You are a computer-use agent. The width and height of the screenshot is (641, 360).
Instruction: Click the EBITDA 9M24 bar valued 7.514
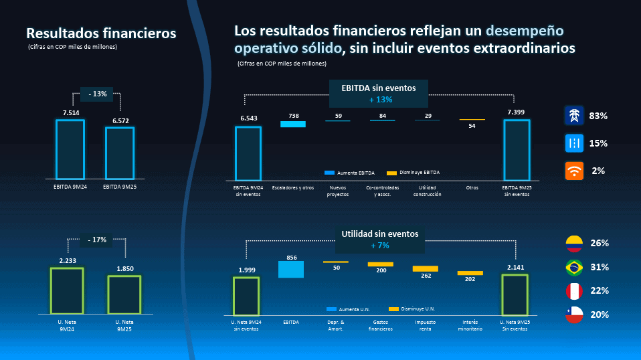(70, 149)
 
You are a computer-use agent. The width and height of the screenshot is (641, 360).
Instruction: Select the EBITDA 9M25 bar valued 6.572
(120, 153)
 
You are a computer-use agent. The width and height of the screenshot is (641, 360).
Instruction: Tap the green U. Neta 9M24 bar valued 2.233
(67, 290)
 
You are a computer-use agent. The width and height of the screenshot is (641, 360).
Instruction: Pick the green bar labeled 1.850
(124, 294)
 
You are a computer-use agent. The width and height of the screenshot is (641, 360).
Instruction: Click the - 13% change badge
(97, 94)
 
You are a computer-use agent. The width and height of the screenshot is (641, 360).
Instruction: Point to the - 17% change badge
(96, 240)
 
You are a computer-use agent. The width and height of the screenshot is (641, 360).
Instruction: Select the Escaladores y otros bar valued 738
(293, 124)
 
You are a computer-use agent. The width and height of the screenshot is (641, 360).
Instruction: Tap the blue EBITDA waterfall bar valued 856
(291, 269)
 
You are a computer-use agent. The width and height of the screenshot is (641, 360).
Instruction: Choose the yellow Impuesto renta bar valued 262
(425, 268)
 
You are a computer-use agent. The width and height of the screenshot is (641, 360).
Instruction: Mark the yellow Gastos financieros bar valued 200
(381, 264)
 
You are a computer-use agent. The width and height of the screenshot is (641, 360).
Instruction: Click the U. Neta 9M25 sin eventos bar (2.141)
(515, 294)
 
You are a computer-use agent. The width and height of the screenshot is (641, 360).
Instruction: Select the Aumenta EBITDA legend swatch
(329, 173)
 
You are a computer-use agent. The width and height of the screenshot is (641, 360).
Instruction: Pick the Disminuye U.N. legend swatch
(393, 309)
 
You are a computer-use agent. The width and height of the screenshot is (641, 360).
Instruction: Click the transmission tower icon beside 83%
(574, 116)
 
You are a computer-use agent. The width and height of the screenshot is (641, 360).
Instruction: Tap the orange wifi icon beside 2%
(574, 171)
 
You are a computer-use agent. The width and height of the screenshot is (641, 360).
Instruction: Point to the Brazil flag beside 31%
(574, 267)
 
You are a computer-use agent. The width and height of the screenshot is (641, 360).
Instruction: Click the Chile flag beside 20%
(574, 314)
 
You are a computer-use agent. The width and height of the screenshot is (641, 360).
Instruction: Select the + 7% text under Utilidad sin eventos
(379, 246)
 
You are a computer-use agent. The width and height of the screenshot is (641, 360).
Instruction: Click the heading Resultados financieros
(101, 33)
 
